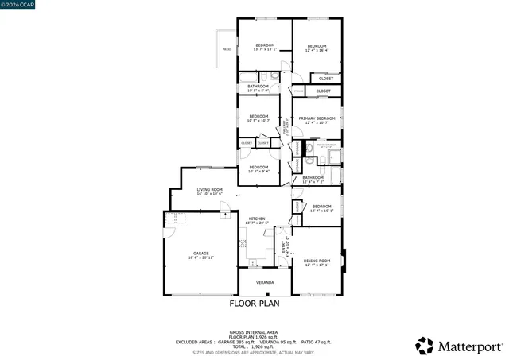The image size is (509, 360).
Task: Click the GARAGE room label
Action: pyautogui.click(x=200, y=254)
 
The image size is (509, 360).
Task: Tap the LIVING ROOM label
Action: pyautogui.click(x=209, y=189)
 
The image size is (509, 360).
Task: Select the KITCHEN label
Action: pyautogui.click(x=257, y=219)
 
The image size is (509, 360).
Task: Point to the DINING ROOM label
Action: pyautogui.click(x=317, y=261)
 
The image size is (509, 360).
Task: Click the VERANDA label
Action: pyautogui.click(x=265, y=282)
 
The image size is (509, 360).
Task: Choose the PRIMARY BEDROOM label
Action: pyautogui.click(x=317, y=118)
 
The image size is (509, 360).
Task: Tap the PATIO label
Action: pyautogui.click(x=227, y=49)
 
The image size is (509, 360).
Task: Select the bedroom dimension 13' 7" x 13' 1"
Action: pyautogui.click(x=265, y=49)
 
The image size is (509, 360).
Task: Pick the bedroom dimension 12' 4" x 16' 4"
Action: pyautogui.click(x=317, y=50)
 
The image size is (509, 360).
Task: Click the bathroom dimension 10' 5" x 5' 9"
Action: pyautogui.click(x=258, y=91)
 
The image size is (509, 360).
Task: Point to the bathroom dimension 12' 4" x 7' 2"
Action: pyautogui.click(x=313, y=182)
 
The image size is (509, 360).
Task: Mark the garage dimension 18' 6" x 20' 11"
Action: pyautogui.click(x=200, y=258)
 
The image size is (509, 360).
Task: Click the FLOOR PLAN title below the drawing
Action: pyautogui.click(x=254, y=303)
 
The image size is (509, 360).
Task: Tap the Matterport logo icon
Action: pyautogui.click(x=425, y=346)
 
